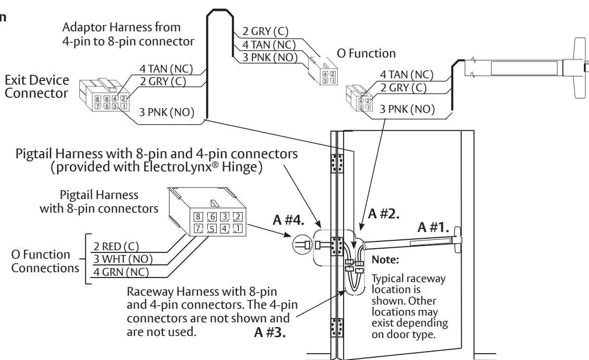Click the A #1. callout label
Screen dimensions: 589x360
point(433,227)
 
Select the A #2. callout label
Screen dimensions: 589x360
point(383,214)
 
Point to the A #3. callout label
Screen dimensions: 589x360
point(270,332)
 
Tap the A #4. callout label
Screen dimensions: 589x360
point(288,220)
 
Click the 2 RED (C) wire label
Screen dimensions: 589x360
point(116,247)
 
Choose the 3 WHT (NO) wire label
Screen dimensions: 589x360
point(123,259)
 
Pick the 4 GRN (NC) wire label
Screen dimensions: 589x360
point(121,272)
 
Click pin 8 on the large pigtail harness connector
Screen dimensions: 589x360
point(198,217)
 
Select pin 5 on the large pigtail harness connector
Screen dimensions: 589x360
point(212,228)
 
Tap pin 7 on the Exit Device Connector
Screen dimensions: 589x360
point(98,106)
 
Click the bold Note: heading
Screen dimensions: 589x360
point(385,260)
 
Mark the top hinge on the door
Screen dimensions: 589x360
point(337,163)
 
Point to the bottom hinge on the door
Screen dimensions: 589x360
point(337,327)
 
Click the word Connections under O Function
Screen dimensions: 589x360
point(45,268)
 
